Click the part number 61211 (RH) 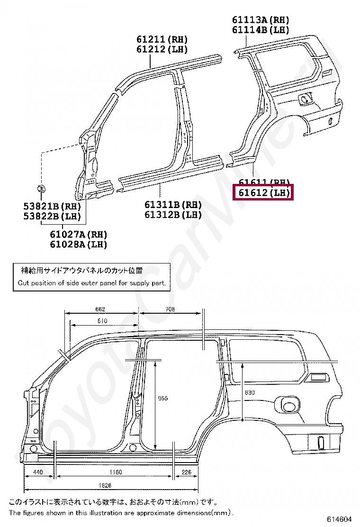coord(162,39)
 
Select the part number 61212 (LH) coord(162,49)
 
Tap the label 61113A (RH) coord(261,20)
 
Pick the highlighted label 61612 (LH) coord(264,193)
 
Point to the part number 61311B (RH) coord(173,205)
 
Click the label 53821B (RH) coord(52,206)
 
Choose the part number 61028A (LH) coord(78,245)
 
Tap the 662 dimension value coord(100,309)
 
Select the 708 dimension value coord(171,309)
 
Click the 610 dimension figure coord(102,321)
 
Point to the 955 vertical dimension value coord(163,398)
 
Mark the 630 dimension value coord(250,393)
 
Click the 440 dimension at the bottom coord(38,472)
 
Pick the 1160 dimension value coord(115,472)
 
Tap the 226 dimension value coord(187,472)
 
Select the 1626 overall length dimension coord(106,485)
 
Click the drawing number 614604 coord(339,519)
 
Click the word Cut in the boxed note coord(23,283)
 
